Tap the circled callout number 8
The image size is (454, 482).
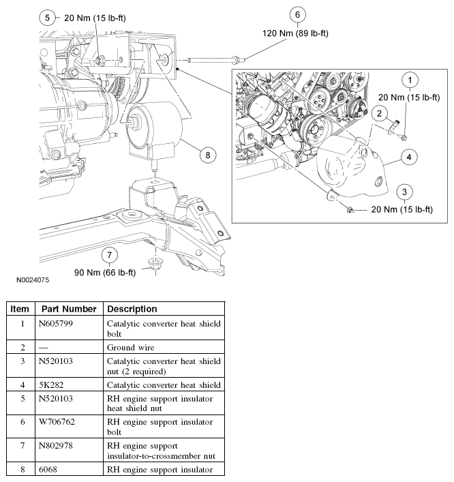(x=207, y=154)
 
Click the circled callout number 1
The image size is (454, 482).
(x=410, y=80)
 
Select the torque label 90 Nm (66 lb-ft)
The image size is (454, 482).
(x=106, y=273)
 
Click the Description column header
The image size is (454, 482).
(x=134, y=309)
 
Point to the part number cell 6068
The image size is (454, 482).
(x=50, y=470)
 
